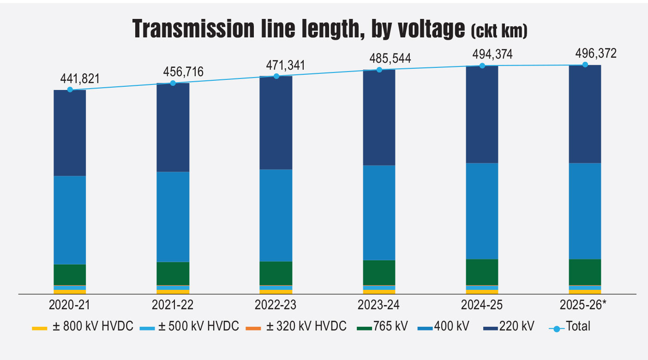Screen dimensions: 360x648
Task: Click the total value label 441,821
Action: click(x=80, y=79)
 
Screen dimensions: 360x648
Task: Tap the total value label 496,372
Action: click(x=595, y=54)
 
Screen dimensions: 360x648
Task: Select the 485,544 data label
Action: click(x=390, y=59)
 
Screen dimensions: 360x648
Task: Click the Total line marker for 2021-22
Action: click(x=173, y=83)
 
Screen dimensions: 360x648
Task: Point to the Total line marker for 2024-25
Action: click(x=482, y=66)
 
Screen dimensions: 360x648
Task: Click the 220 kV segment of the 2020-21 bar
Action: click(x=70, y=133)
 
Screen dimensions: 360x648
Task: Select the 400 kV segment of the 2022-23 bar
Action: click(x=276, y=215)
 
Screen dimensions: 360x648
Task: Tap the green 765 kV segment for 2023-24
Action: click(x=379, y=272)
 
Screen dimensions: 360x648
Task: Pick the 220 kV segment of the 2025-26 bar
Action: click(x=585, y=114)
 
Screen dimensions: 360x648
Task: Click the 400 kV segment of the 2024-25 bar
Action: click(x=482, y=211)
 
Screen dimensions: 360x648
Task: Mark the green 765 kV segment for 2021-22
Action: click(x=173, y=273)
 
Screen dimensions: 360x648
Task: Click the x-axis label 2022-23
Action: click(x=276, y=305)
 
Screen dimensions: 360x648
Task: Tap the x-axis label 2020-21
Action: click(x=70, y=305)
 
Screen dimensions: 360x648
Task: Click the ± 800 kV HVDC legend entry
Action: click(x=83, y=327)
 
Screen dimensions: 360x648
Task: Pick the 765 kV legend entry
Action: click(x=383, y=327)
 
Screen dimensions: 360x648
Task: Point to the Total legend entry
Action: click(x=570, y=327)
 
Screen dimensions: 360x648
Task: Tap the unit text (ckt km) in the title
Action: click(x=499, y=31)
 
